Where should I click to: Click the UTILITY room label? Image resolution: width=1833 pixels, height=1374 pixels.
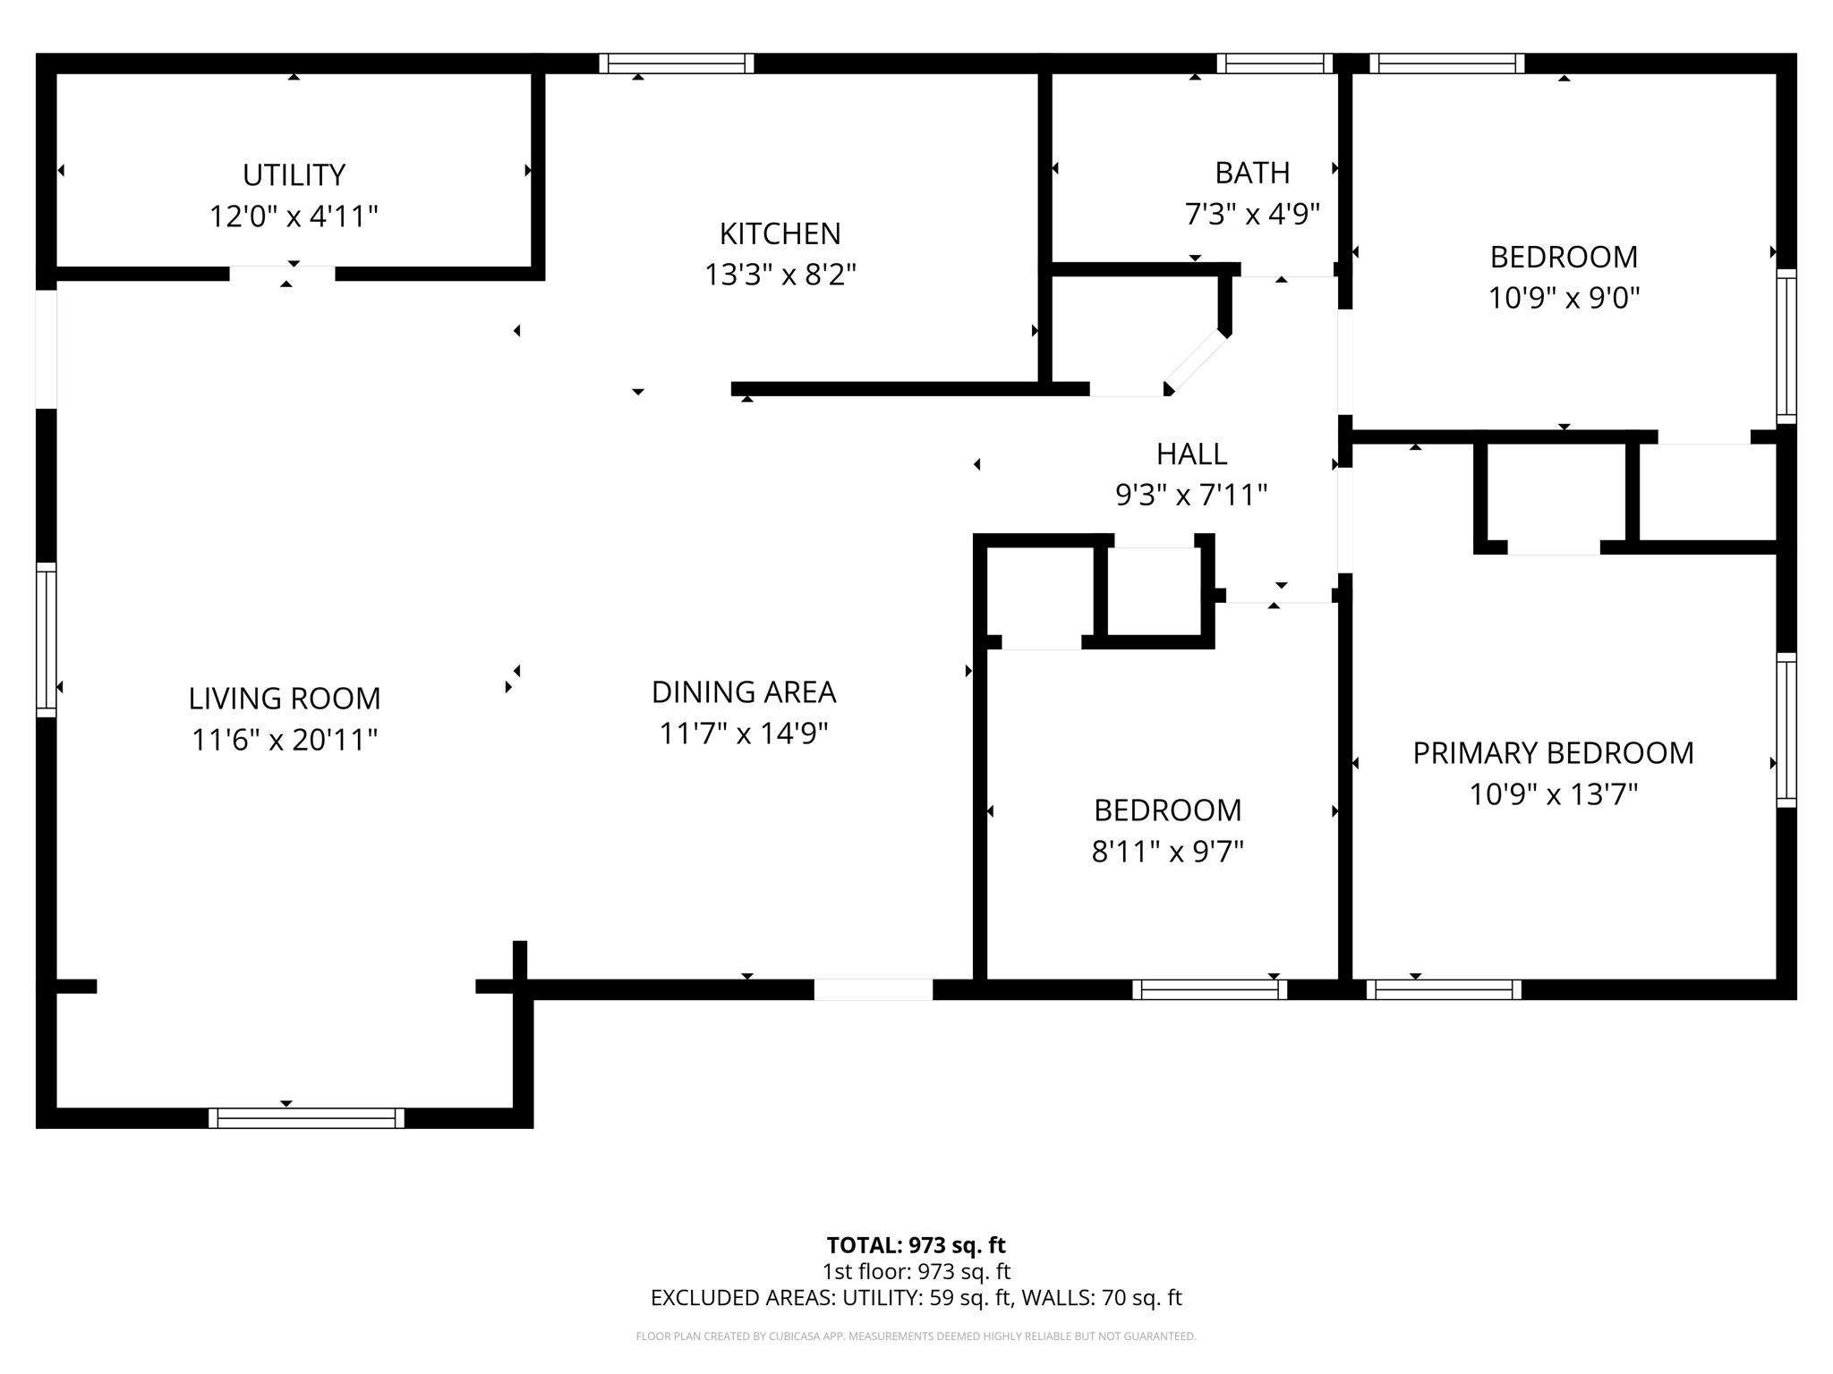[x=294, y=174]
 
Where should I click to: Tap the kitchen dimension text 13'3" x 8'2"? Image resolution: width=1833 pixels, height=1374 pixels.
[x=780, y=275]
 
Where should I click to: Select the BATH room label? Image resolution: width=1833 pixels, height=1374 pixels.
[x=1251, y=173]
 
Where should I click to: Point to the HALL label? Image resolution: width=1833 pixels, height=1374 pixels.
[x=1191, y=454]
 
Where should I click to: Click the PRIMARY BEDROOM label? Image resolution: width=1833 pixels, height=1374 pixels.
[x=1553, y=753]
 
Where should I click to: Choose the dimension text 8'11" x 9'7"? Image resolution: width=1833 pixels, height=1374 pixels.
[x=1167, y=852]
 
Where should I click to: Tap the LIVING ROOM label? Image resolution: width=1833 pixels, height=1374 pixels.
[x=285, y=699]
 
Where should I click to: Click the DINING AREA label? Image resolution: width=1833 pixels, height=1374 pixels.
[x=743, y=692]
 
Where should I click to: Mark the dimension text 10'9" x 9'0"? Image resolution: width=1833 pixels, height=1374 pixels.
[x=1563, y=298]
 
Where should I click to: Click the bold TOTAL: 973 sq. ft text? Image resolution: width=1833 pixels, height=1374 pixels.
[x=916, y=1245]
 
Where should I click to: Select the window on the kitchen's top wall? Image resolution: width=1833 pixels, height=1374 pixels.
[x=676, y=64]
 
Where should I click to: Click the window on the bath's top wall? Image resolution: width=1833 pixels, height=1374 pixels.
[x=1274, y=64]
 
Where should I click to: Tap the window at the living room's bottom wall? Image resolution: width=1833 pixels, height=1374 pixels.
[x=306, y=1118]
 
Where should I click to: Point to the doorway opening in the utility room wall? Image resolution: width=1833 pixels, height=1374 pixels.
[x=282, y=274]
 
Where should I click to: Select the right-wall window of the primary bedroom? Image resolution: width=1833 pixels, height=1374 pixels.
[x=1786, y=730]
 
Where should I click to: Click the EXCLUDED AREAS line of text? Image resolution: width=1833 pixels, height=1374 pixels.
[x=916, y=1298]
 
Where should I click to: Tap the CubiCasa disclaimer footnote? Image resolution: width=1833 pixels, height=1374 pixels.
[x=916, y=1336]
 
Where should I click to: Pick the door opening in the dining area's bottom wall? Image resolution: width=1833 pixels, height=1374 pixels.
[x=873, y=989]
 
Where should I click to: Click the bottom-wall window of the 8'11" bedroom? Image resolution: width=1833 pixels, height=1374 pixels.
[x=1209, y=989]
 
